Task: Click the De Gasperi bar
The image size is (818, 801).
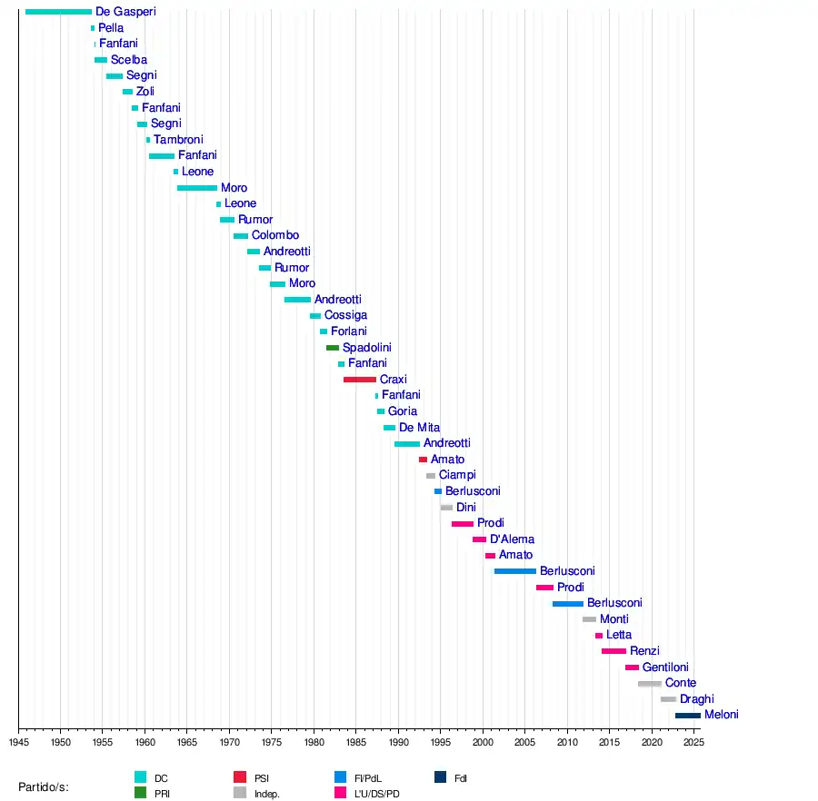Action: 58,12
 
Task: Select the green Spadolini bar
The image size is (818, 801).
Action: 333,348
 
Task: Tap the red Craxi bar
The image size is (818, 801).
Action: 360,380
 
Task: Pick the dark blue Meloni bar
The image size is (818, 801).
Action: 688,716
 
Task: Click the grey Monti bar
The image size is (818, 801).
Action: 590,619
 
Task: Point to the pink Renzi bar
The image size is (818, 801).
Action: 613,651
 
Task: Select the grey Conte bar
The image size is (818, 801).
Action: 650,683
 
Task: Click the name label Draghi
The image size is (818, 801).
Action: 697,699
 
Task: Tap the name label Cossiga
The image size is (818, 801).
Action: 345,315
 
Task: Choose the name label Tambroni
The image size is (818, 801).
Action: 178,140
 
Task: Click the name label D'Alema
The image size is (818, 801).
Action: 512,539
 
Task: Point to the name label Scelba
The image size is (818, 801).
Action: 129,60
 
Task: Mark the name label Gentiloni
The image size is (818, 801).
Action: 665,667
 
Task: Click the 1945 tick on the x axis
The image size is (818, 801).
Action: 18,729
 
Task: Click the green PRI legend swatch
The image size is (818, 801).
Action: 140,793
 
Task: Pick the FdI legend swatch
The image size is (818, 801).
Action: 440,777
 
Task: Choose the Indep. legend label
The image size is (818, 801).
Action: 267,794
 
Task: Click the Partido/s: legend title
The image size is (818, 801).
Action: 44,786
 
